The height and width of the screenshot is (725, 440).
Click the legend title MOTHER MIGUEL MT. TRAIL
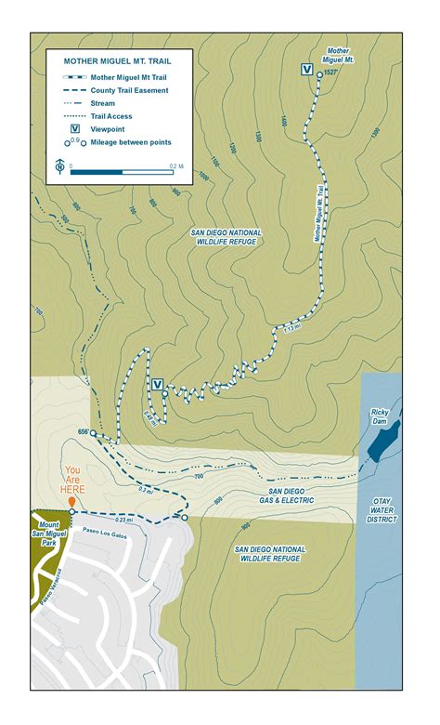tap(117, 60)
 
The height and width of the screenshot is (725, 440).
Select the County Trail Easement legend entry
tap(129, 90)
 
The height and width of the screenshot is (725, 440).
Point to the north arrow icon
tap(59, 165)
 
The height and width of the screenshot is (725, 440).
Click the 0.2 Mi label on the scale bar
tap(175, 165)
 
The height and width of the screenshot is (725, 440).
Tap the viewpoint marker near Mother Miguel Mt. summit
tap(305, 68)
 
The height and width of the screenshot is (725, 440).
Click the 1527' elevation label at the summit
tap(330, 72)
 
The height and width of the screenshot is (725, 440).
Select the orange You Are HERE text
tap(72, 481)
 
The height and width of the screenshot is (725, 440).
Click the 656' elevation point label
tap(82, 431)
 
